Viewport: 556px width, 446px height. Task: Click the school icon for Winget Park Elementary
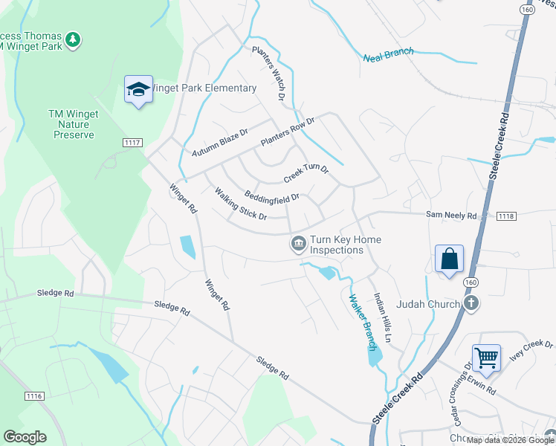point(138,90)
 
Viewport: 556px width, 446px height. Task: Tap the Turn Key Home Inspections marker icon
point(298,243)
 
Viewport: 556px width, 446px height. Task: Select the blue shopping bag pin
point(449,259)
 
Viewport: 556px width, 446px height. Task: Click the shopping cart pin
point(486,358)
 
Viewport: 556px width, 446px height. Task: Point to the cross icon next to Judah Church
point(471,303)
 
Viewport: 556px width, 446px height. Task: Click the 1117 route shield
point(132,141)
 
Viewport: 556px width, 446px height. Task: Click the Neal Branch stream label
point(388,56)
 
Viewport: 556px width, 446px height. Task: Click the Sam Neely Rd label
point(450,215)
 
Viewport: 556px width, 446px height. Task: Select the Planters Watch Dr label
point(269,73)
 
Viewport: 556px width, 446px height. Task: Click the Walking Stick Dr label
point(241,204)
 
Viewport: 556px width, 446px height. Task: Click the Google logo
point(25,436)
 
